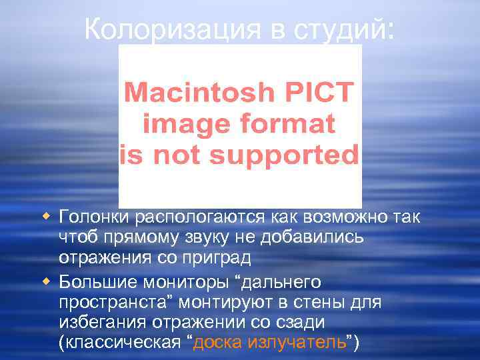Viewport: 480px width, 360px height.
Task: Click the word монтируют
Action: click(x=241, y=303)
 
